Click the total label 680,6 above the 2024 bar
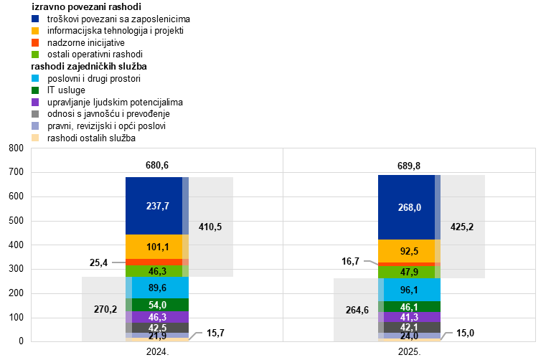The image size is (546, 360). point(157,165)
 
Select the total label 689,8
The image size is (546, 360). point(409,166)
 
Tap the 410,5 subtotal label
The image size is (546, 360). point(210,227)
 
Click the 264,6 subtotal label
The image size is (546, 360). point(357,310)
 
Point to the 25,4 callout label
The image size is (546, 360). point(98,262)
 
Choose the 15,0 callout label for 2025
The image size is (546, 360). point(465,333)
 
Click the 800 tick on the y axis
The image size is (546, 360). point(17,148)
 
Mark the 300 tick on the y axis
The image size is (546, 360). point(17,269)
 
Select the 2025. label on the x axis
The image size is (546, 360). point(410,351)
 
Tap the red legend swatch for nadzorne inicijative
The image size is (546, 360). point(35,42)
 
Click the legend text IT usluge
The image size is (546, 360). point(66,90)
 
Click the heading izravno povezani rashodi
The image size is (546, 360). point(86,6)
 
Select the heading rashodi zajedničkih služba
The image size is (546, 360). point(89,66)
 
